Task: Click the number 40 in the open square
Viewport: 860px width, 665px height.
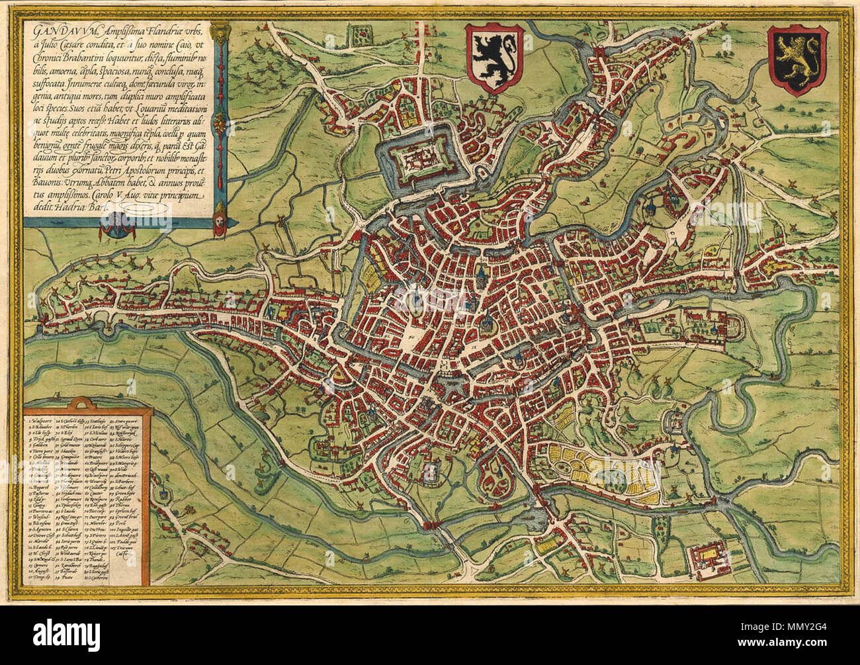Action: point(410,337)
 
